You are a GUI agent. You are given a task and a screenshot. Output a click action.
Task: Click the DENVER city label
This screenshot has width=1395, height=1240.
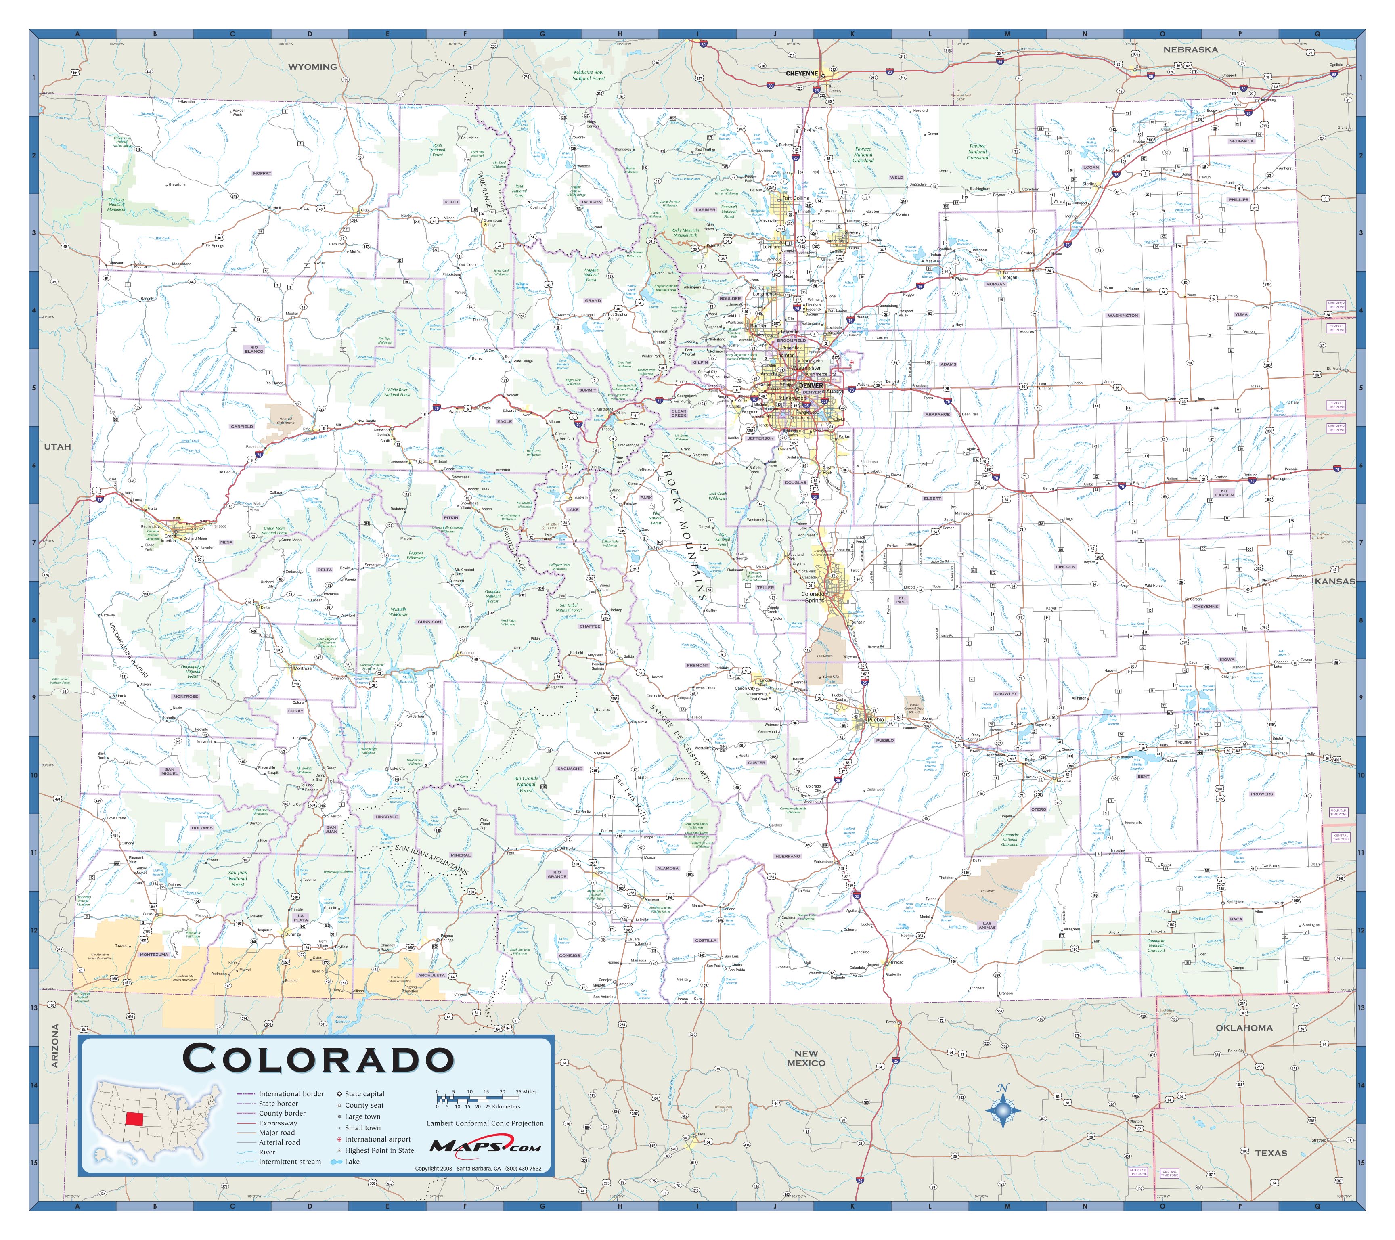(x=811, y=385)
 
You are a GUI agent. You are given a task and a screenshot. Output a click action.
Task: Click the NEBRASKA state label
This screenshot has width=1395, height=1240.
(x=1190, y=50)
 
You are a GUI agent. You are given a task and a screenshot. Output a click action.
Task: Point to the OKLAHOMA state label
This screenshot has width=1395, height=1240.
(x=1244, y=1028)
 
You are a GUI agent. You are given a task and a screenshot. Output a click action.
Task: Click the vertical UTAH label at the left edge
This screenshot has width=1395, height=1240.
(x=57, y=446)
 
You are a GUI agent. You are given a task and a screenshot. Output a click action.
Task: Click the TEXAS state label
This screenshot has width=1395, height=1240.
(x=1270, y=1153)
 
